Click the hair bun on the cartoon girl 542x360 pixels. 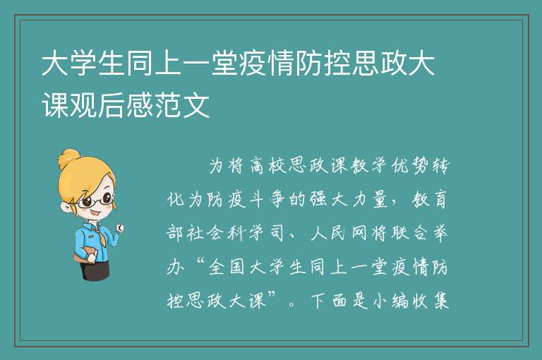click(x=68, y=158)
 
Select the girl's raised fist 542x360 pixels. click(x=119, y=227)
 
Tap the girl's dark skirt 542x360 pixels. click(x=96, y=270)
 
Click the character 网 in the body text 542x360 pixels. click(x=360, y=233)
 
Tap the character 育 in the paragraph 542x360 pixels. click(x=440, y=200)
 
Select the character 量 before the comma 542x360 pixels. click(x=380, y=200)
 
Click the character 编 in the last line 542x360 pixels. click(x=399, y=301)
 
